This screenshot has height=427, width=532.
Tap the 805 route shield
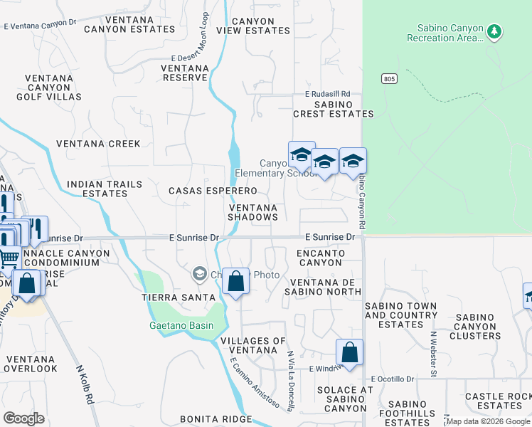point(388,78)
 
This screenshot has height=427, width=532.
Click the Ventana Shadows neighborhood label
point(252,211)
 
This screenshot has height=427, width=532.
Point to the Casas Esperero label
point(212,191)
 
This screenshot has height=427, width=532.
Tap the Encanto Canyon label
point(322,258)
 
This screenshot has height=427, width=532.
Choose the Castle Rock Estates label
point(499,401)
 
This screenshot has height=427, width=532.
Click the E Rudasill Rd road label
point(328,93)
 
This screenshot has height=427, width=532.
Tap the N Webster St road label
point(432,353)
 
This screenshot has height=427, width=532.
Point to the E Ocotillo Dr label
point(393,379)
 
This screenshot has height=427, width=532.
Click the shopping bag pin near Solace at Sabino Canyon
point(349,352)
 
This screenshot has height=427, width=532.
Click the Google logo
point(23,418)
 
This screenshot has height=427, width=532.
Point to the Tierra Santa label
point(178,297)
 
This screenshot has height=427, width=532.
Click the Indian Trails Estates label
point(104,189)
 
